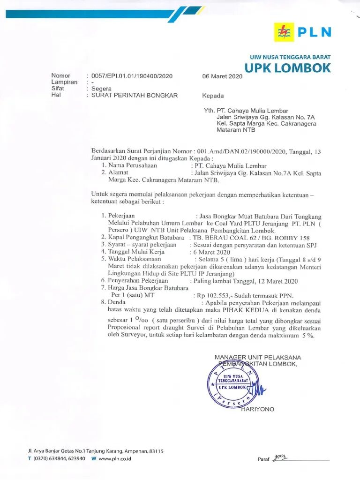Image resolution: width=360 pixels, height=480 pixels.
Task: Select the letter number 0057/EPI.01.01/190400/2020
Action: click(x=132, y=76)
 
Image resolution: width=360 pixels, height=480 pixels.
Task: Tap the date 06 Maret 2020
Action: click(x=222, y=76)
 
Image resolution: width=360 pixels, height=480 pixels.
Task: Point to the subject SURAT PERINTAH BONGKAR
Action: click(x=135, y=95)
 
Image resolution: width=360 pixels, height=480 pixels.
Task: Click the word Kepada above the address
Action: click(x=213, y=96)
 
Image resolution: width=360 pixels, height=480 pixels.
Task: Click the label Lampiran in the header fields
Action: click(x=64, y=82)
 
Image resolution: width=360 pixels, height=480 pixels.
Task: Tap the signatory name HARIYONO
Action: click(x=258, y=409)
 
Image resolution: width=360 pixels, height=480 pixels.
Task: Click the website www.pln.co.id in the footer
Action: click(x=114, y=458)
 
